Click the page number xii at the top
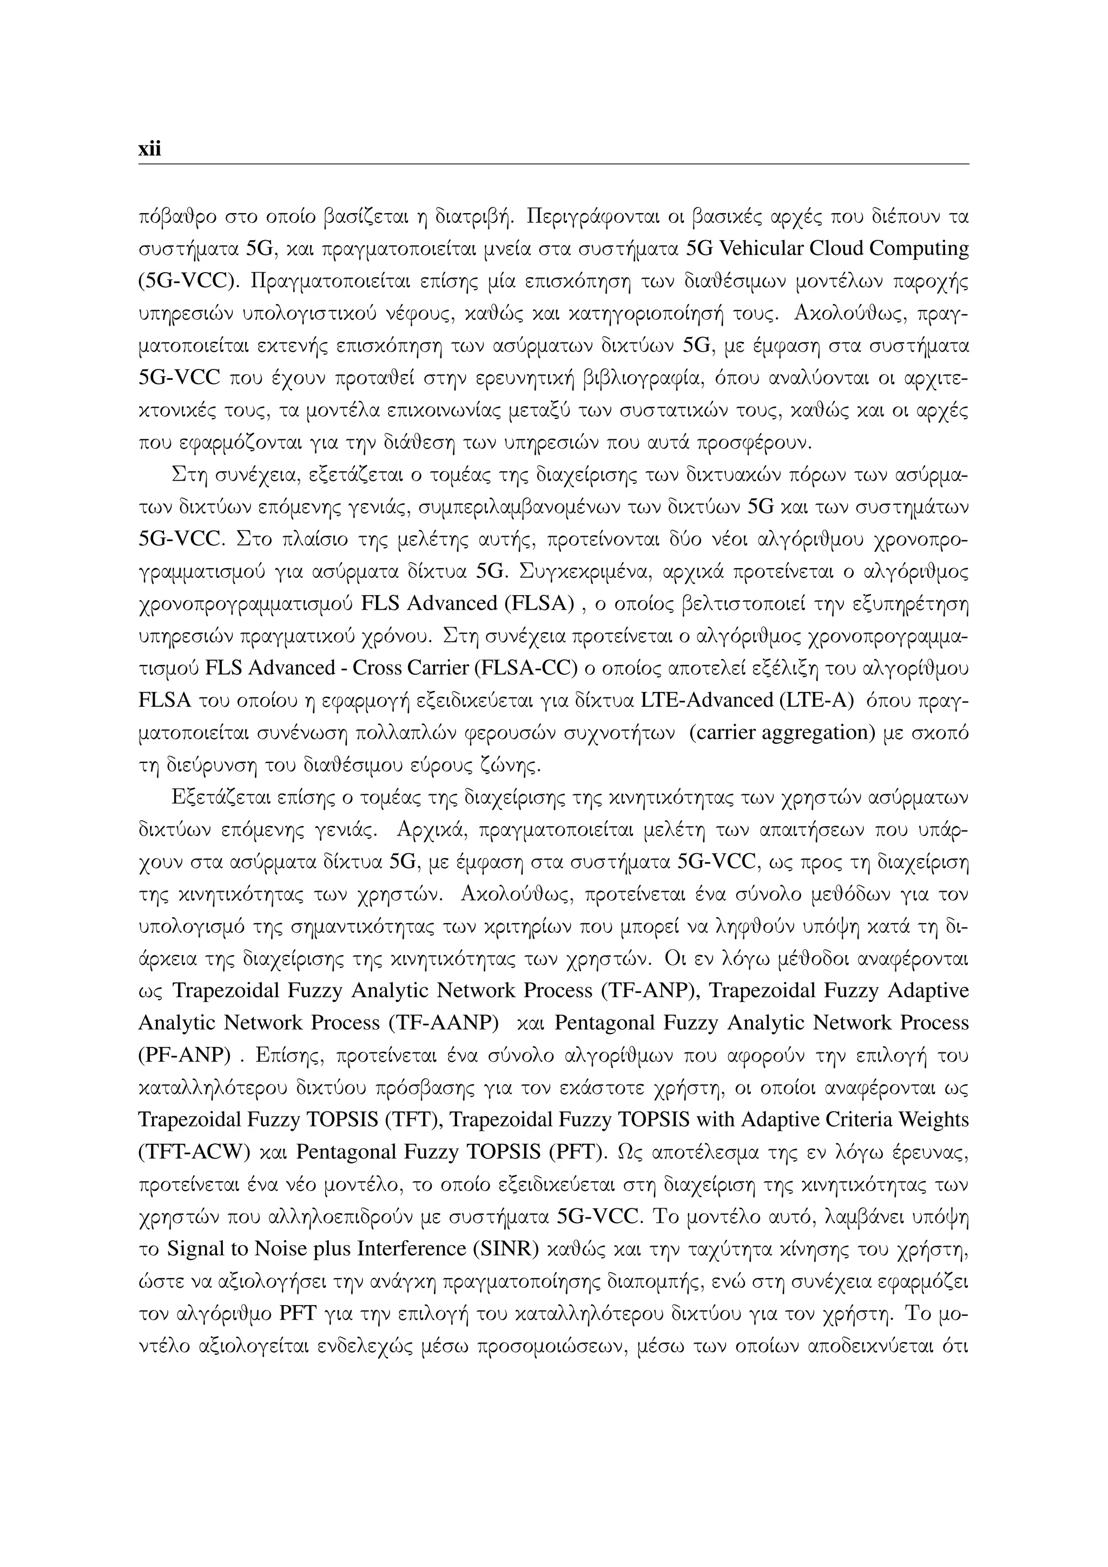pyautogui.click(x=149, y=149)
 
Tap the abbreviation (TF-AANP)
pyautogui.click(x=444, y=1023)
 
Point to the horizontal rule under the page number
pyautogui.click(x=553, y=164)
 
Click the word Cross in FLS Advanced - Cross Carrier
pyautogui.click(x=377, y=668)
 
